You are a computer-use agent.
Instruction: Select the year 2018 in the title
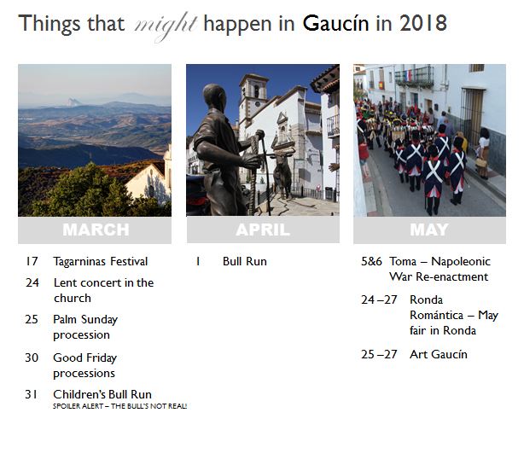(422, 23)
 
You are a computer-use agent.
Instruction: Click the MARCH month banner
(95, 230)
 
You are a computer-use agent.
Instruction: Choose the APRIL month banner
(263, 230)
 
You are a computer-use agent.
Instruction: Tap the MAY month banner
(429, 230)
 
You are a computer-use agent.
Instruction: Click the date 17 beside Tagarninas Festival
(32, 262)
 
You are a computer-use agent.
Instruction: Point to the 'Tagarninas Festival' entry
(100, 262)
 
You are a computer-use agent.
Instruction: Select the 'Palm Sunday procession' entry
(85, 327)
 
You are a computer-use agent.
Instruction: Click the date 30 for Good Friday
(32, 358)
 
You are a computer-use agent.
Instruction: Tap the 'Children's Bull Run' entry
(102, 394)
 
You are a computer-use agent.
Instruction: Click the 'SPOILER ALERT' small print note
(119, 406)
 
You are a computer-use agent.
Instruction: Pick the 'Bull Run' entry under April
(244, 262)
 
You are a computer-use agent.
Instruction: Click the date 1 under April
(198, 262)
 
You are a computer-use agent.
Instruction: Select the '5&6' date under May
(371, 262)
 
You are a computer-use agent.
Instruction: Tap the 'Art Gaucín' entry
(439, 355)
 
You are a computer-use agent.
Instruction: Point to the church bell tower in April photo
(253, 102)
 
